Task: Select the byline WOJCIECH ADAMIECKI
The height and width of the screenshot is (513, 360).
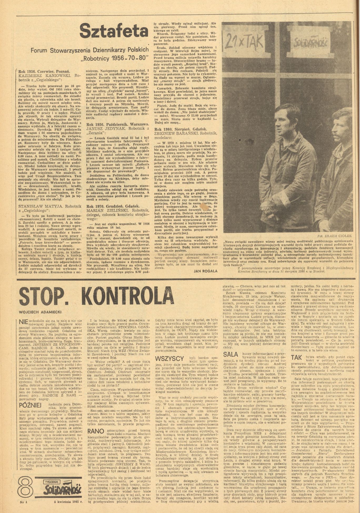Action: tap(40, 312)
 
